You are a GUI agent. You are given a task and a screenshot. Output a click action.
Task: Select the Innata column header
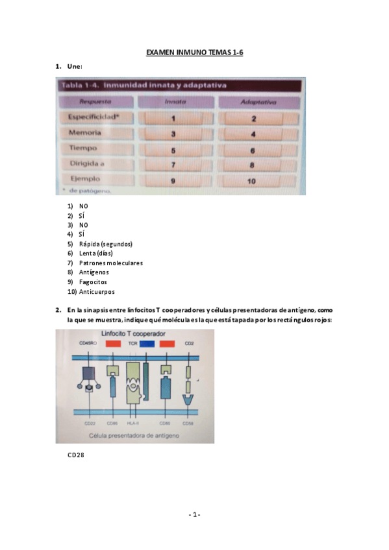174,102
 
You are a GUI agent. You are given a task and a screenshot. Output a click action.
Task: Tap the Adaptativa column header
258,102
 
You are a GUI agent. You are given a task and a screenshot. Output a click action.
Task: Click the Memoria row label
85,133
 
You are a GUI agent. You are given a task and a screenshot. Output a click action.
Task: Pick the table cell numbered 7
174,164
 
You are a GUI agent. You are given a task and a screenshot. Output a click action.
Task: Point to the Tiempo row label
83,149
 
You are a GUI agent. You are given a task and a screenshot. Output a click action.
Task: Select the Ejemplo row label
85,179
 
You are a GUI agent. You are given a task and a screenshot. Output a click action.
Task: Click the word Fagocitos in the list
93,282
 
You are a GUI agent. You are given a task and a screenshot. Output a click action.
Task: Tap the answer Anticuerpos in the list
97,292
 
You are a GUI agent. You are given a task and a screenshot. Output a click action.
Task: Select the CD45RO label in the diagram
87,343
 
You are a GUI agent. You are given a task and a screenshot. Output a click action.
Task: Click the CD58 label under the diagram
188,423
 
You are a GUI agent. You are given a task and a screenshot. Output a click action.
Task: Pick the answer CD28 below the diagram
76,455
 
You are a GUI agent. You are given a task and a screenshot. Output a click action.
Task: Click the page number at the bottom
194,514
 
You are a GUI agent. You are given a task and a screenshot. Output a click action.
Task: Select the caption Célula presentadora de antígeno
133,435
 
